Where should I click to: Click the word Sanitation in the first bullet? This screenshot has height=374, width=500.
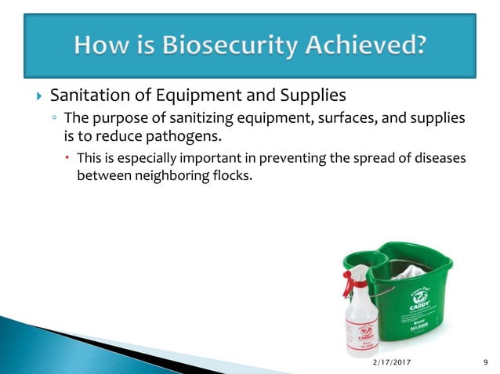click(x=85, y=96)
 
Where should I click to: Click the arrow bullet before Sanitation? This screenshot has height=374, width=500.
click(x=36, y=97)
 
